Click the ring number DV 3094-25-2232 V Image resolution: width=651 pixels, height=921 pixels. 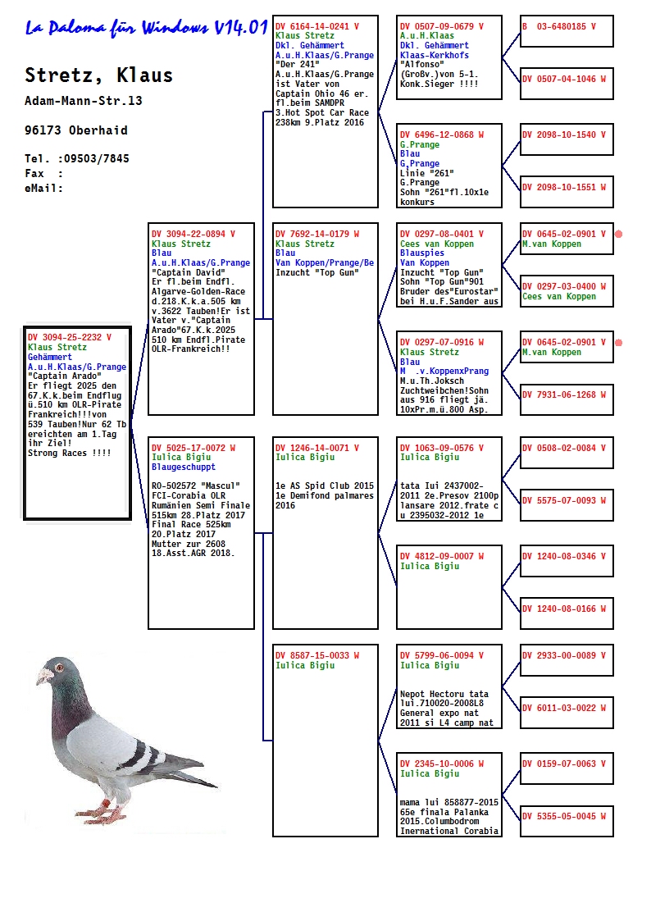click(70, 337)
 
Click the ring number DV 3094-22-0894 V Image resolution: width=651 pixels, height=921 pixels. click(193, 234)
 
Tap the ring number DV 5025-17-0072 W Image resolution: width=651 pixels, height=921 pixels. click(193, 448)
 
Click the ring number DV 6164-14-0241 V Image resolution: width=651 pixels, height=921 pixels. click(317, 26)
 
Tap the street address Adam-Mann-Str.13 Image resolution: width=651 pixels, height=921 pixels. click(84, 101)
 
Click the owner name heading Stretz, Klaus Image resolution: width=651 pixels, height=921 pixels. click(98, 75)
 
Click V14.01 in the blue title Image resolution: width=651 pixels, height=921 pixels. click(241, 28)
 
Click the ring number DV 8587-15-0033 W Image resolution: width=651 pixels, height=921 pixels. click(317, 655)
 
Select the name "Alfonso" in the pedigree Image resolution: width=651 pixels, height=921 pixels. click(422, 64)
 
